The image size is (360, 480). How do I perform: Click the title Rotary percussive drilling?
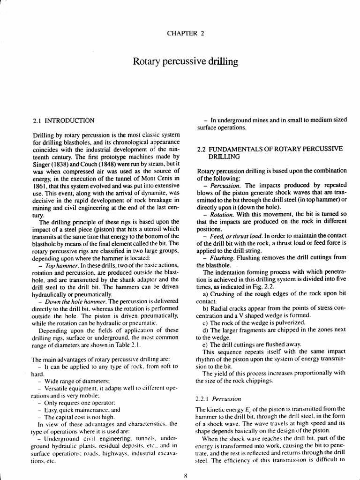(x=186, y=61)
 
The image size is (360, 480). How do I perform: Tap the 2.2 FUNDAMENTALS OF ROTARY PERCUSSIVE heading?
(x=270, y=149)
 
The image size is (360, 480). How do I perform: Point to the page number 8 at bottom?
(x=186, y=474)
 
